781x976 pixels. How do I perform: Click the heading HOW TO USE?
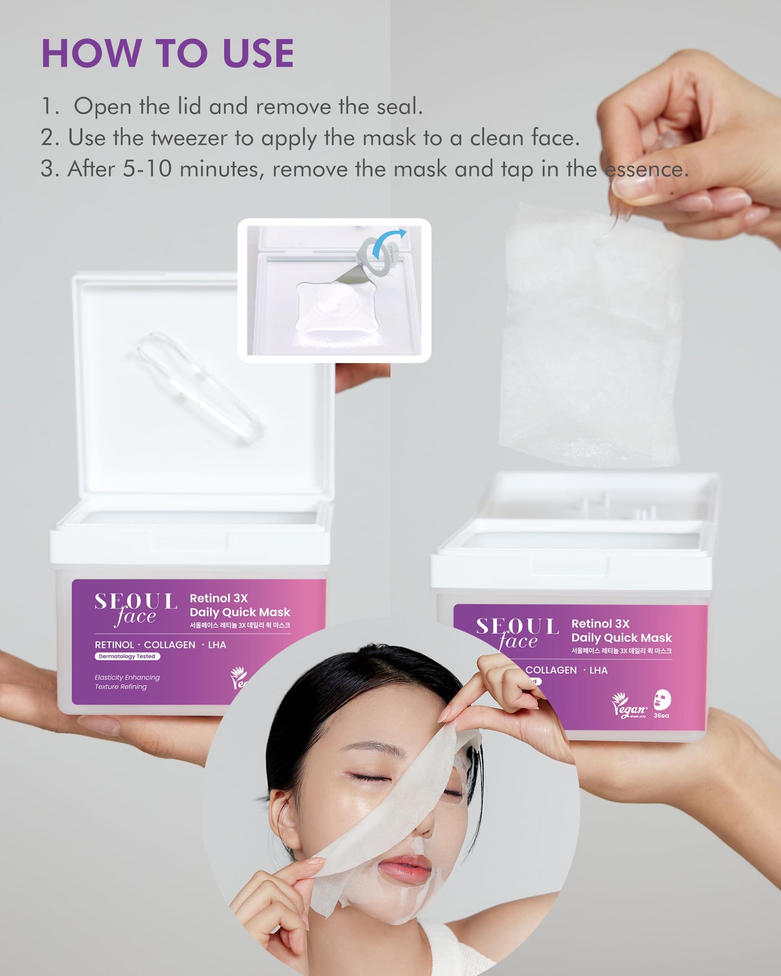pos(168,54)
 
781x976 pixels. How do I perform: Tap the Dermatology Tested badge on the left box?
pos(127,657)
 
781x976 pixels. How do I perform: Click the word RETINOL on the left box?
pos(114,645)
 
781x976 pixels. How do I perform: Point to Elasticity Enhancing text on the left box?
pos(127,677)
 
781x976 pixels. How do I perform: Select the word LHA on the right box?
pos(598,670)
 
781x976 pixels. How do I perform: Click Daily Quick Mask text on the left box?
pos(240,612)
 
